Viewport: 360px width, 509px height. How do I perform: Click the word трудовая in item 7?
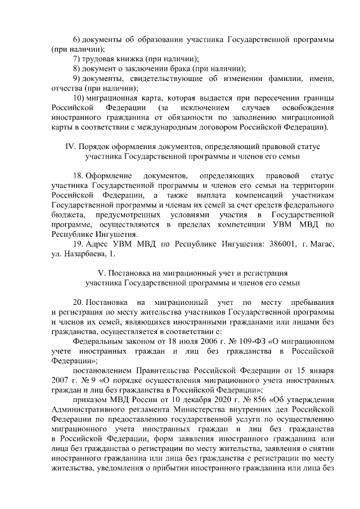(x=99, y=59)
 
